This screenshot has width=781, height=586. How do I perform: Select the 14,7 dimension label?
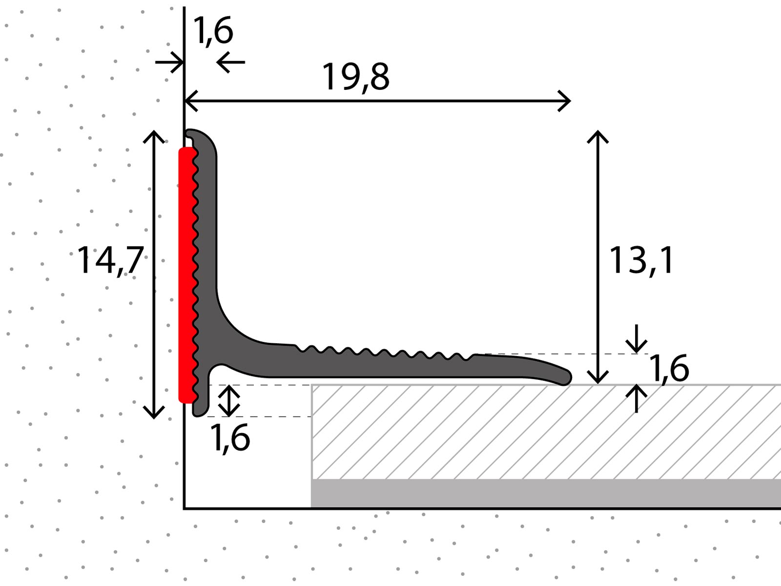pos(110,260)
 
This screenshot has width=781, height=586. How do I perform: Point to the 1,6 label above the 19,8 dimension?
pos(213,31)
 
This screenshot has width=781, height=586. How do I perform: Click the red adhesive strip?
pos(187,275)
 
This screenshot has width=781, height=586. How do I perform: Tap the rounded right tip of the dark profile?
pos(566,377)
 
